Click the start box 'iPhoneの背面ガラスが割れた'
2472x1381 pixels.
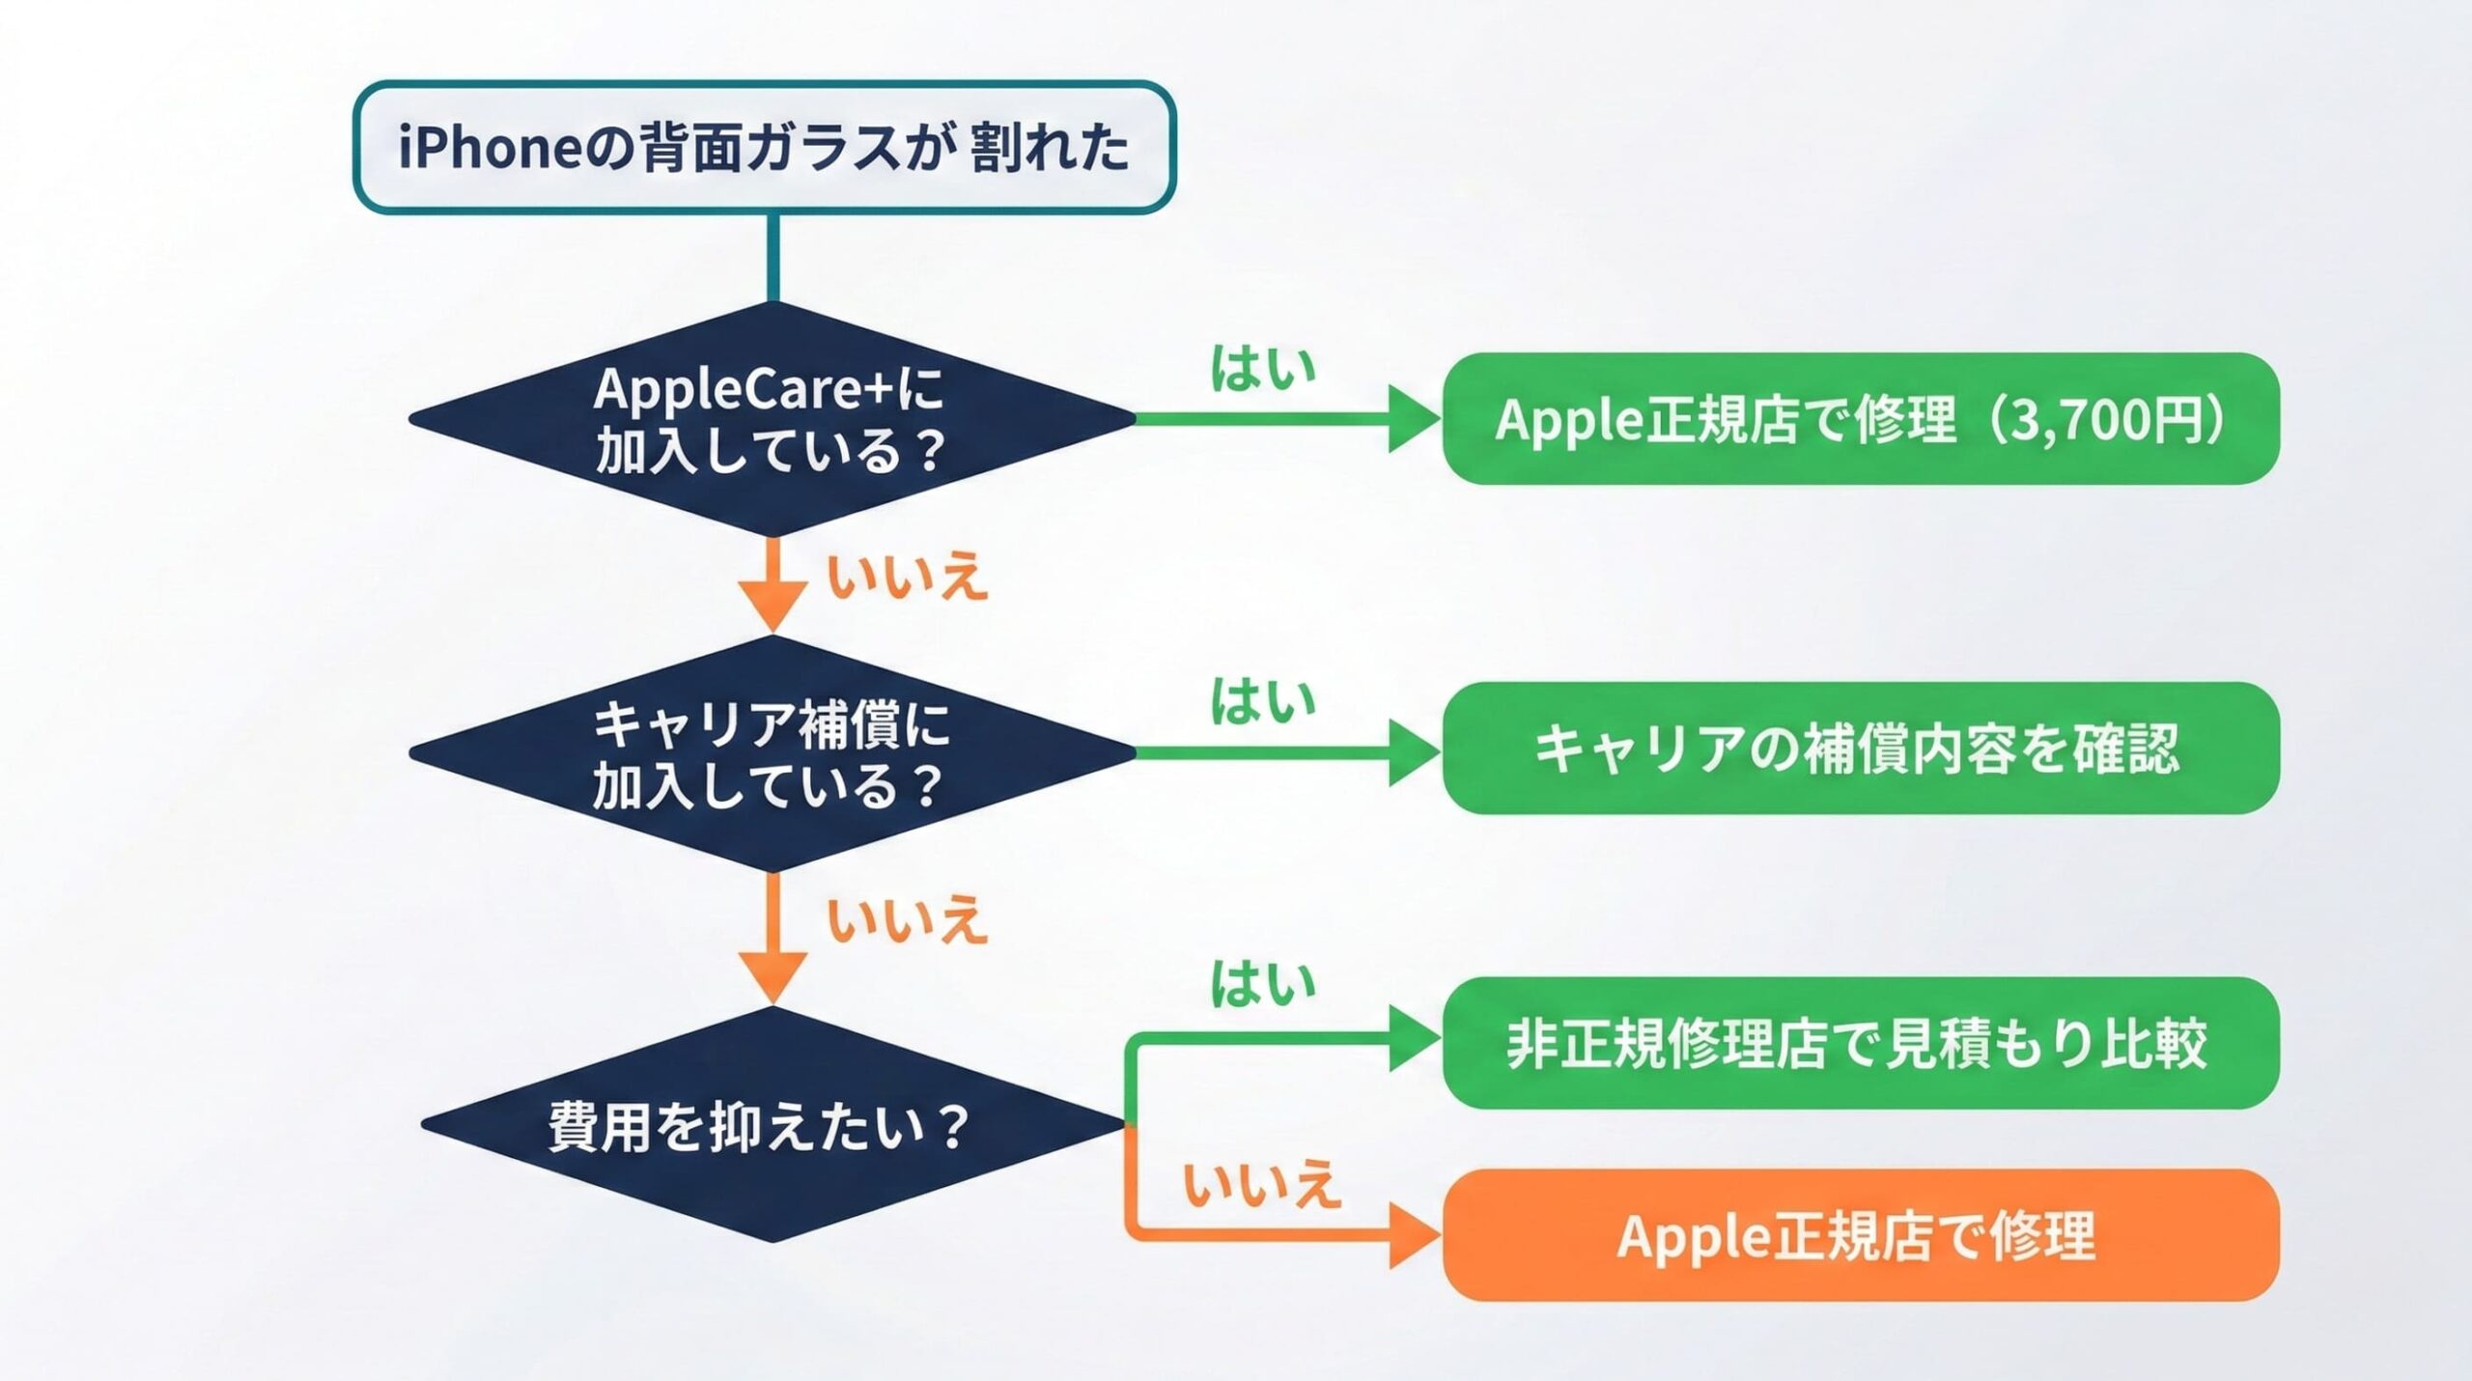coord(764,147)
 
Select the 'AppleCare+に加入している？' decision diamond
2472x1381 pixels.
coord(772,419)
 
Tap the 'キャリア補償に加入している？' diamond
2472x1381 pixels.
coord(772,753)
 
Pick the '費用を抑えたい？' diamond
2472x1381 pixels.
coord(772,1125)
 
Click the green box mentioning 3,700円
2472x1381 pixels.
coord(1860,419)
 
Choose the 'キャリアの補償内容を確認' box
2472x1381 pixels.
coord(1860,748)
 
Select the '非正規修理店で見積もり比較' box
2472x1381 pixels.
coord(1860,1043)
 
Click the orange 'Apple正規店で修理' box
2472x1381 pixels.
coord(1860,1236)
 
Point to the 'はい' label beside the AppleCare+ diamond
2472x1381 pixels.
coord(1263,369)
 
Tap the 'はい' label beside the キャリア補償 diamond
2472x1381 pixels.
coord(1263,701)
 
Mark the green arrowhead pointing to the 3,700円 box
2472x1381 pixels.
coord(1413,419)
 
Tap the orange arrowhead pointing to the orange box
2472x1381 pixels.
coord(1413,1236)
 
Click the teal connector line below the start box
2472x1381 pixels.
coord(772,256)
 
